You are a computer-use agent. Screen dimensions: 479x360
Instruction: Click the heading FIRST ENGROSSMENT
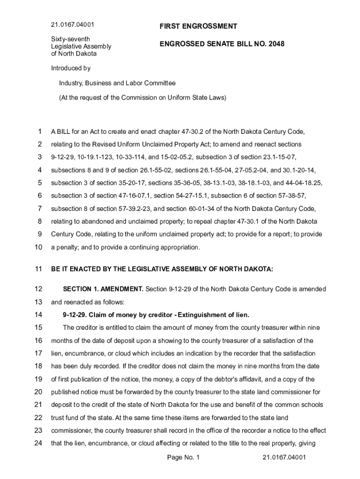pyautogui.click(x=198, y=27)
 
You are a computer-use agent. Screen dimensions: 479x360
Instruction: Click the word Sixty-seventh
pyautogui.click(x=71, y=39)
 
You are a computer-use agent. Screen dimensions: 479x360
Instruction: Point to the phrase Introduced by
pyautogui.click(x=71, y=68)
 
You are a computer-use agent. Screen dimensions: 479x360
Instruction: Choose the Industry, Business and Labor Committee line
pyautogui.click(x=117, y=83)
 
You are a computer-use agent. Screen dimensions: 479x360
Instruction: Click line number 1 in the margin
pyautogui.click(x=40, y=131)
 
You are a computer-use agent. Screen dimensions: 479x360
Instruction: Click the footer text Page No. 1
pyautogui.click(x=183, y=457)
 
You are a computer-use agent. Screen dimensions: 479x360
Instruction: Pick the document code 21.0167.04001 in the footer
pyautogui.click(x=284, y=457)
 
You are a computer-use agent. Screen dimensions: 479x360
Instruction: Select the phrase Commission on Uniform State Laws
pyautogui.click(x=173, y=98)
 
